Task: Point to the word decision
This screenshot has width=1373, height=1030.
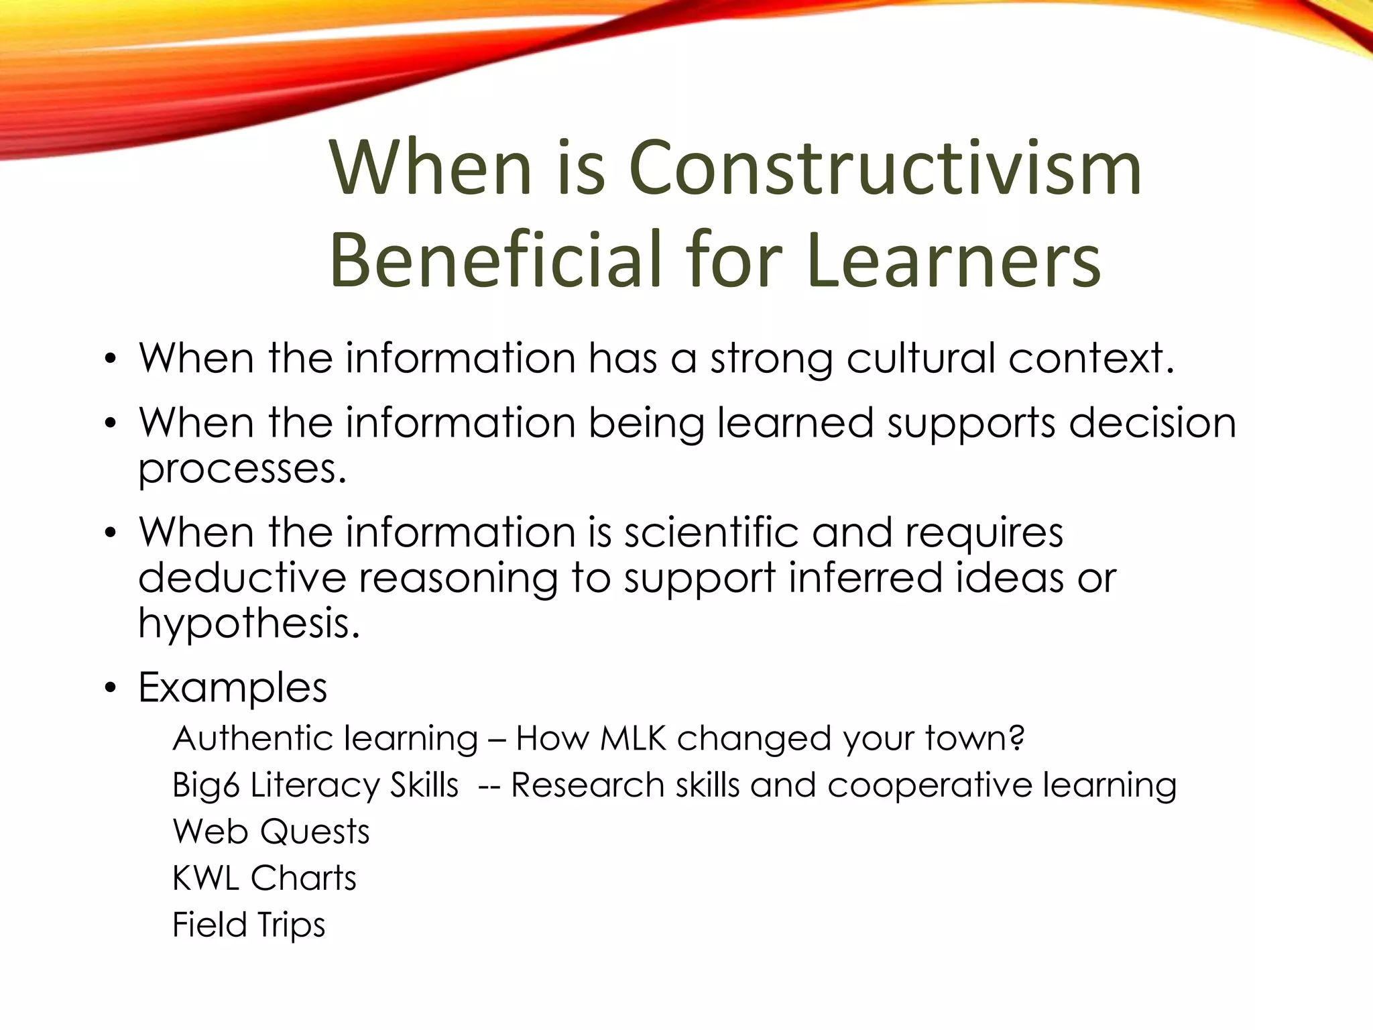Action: click(x=1152, y=423)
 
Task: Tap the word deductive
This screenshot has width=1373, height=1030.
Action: click(x=241, y=577)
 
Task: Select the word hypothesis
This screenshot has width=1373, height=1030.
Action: click(x=249, y=624)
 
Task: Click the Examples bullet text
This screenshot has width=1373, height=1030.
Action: click(x=233, y=687)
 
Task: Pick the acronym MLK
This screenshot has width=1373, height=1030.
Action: click(x=633, y=738)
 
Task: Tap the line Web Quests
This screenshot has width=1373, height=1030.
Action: click(x=271, y=832)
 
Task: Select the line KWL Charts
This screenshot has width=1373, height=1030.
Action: click(x=264, y=878)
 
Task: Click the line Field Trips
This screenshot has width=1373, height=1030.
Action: click(x=249, y=925)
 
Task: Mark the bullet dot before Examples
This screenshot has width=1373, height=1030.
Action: click(x=111, y=689)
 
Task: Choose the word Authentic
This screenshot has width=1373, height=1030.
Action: click(x=251, y=738)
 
